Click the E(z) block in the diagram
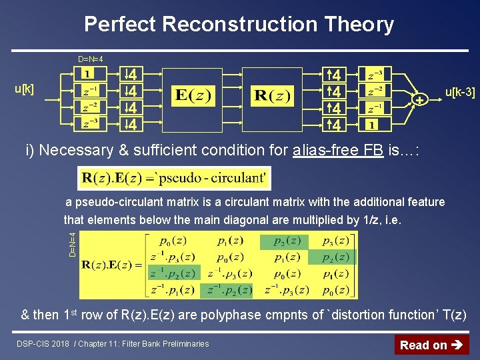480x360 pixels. [x=193, y=95]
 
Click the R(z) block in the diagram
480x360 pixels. [x=272, y=95]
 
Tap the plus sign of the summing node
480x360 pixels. [x=419, y=100]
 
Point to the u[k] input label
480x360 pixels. [x=24, y=89]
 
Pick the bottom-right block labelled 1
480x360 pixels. [x=371, y=124]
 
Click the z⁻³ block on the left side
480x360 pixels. [x=89, y=123]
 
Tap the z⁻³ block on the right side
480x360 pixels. [x=371, y=73]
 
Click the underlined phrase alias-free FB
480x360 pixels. [x=337, y=150]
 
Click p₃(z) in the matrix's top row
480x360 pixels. [x=336, y=241]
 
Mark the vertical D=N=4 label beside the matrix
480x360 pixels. [x=73, y=243]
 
